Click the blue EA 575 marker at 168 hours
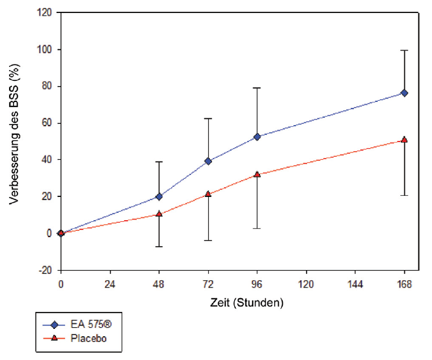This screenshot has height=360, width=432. pyautogui.click(x=404, y=93)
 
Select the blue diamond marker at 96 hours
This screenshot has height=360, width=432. pyautogui.click(x=257, y=137)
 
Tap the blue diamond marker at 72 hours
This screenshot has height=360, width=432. pyautogui.click(x=208, y=161)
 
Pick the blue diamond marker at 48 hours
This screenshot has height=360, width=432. pyautogui.click(x=159, y=196)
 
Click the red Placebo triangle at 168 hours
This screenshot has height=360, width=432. pyautogui.click(x=404, y=140)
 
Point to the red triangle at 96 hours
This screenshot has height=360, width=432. pyautogui.click(x=257, y=174)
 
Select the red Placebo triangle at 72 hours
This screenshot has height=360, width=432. pyautogui.click(x=208, y=194)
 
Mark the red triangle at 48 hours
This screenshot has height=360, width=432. pyautogui.click(x=159, y=214)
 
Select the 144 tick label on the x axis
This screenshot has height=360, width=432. pyautogui.click(x=355, y=284)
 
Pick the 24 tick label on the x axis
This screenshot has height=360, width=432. pyautogui.click(x=110, y=284)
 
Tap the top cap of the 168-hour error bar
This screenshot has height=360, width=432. pyautogui.click(x=404, y=50)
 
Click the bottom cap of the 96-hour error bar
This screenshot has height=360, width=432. pyautogui.click(x=257, y=228)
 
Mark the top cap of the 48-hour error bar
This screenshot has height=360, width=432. pyautogui.click(x=159, y=162)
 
